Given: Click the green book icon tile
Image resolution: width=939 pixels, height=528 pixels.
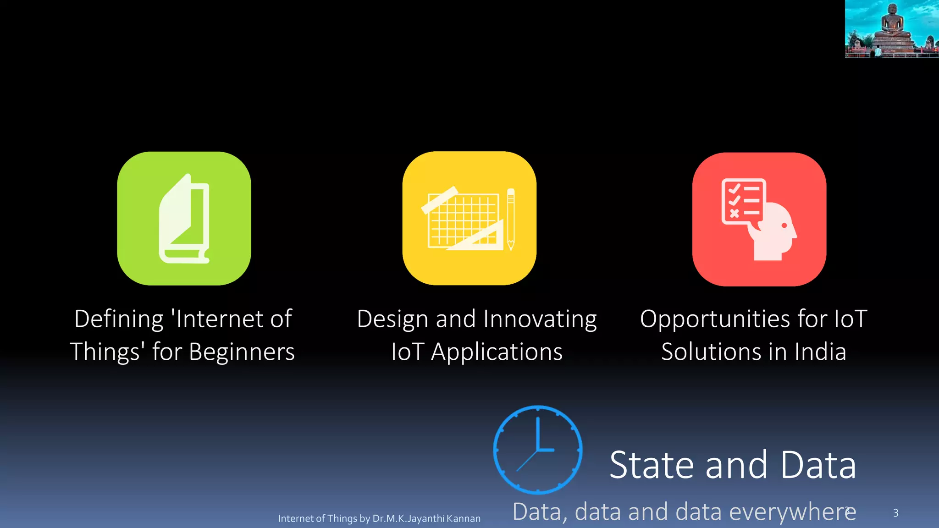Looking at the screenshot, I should coord(184,219).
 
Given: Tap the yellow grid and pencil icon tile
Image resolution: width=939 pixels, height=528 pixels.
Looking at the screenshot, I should coord(469,219).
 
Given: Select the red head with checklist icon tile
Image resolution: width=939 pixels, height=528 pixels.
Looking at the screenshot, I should coord(759,219).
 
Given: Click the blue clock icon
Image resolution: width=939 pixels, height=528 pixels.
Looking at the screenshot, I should coord(538,450).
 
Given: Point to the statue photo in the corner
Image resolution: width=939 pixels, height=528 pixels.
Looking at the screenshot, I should coord(892,29).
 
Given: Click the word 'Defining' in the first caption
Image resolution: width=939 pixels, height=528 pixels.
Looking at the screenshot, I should coord(119,319).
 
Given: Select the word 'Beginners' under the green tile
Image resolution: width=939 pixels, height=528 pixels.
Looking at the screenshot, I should coord(242,352).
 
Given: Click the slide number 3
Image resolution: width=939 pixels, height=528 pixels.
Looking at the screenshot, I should coord(895,513).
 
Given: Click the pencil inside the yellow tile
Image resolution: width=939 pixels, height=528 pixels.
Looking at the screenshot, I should coord(511,219).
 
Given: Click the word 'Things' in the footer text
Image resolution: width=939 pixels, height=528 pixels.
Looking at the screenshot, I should coord(342,519).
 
